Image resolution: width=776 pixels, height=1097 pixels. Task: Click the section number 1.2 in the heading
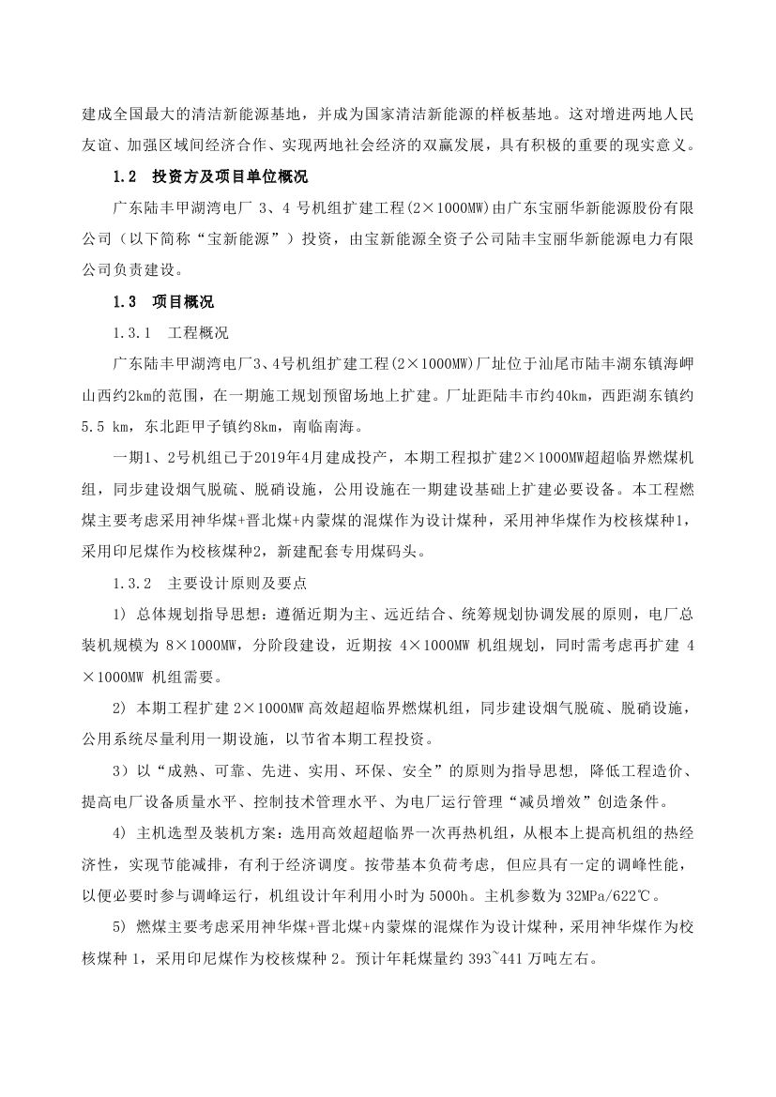pos(125,176)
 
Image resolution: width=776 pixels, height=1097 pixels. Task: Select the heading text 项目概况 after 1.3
pos(183,302)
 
